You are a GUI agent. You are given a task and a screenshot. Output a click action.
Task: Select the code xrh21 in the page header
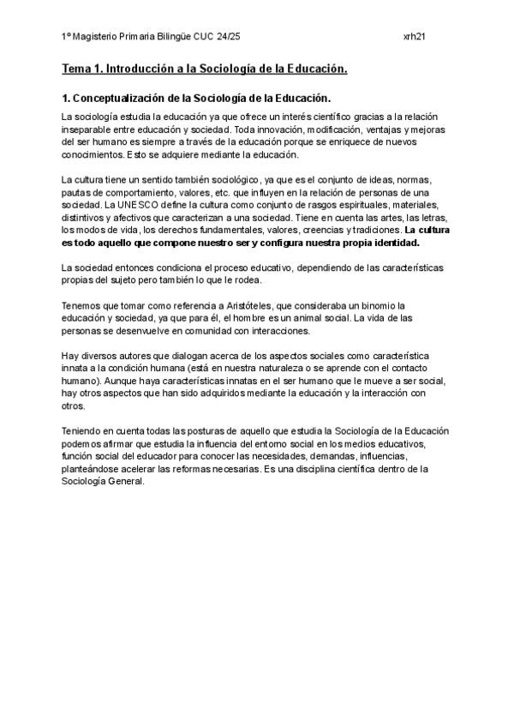point(415,38)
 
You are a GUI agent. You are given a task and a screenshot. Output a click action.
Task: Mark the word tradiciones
point(374,231)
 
